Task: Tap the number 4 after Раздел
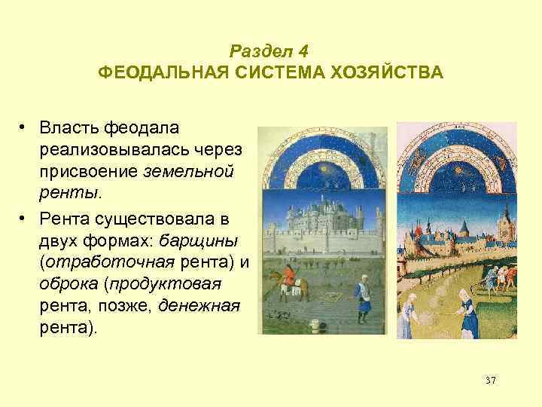click(303, 52)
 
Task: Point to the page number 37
click(491, 381)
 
